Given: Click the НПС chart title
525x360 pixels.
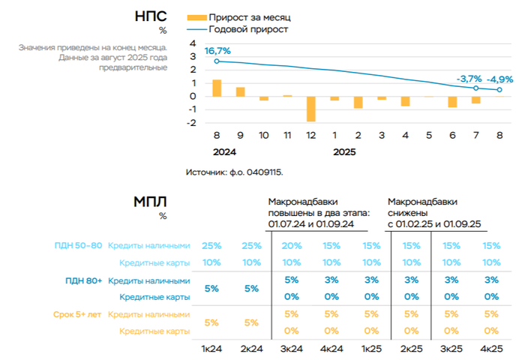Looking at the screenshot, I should tap(151, 16).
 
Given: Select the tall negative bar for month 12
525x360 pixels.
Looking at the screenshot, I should tap(311, 109).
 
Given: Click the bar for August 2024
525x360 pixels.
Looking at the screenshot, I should tap(217, 88).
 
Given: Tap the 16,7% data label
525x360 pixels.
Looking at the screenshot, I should tap(217, 51).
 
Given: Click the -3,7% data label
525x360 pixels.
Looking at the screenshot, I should tap(469, 79).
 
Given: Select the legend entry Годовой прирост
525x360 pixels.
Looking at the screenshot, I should tap(248, 29).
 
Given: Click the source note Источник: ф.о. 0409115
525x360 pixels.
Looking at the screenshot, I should tap(235, 172).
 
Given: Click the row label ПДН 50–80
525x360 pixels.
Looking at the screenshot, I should tap(77, 245).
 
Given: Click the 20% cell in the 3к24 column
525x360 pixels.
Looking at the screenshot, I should tap(292, 245).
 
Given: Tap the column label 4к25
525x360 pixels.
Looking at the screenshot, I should tap(491, 349).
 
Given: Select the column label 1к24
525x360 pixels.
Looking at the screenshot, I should tap(212, 349).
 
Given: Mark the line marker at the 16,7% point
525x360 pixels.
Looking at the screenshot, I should tap(217, 61).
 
